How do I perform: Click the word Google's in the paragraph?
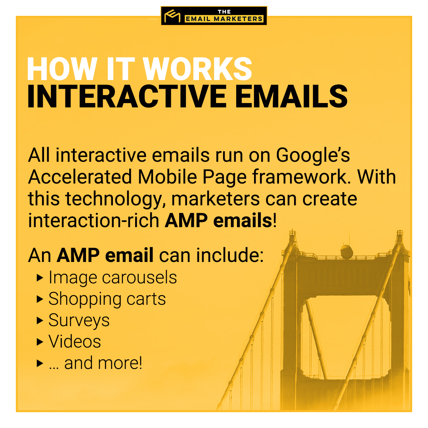pyautogui.click(x=313, y=156)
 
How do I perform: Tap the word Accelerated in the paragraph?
pyautogui.click(x=79, y=177)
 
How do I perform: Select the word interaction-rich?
pyautogui.click(x=94, y=221)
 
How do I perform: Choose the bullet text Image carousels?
pyautogui.click(x=113, y=277)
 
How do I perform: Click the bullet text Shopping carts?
pyautogui.click(x=107, y=299)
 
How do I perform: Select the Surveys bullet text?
pyautogui.click(x=79, y=320)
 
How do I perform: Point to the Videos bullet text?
pyautogui.click(x=75, y=342)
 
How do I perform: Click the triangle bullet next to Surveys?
pyautogui.click(x=40, y=320)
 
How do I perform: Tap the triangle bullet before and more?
pyautogui.click(x=40, y=363)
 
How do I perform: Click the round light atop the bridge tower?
pyautogui.click(x=347, y=251)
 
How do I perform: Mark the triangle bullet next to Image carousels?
pyautogui.click(x=40, y=277)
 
